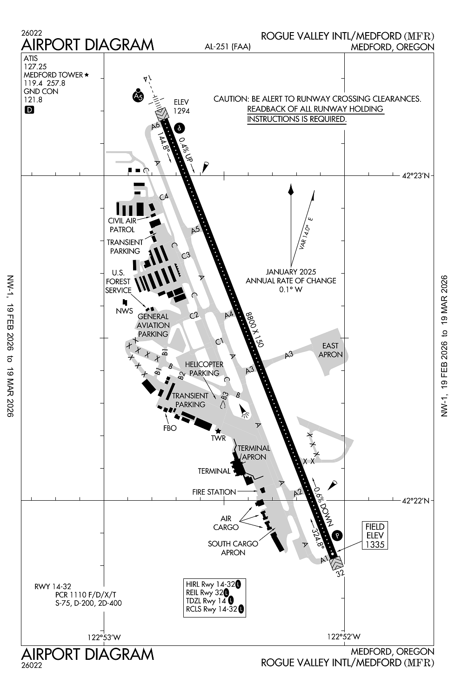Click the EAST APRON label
(x=330, y=350)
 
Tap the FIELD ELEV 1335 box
(x=375, y=535)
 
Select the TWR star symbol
(x=218, y=431)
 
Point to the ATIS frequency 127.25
(x=35, y=67)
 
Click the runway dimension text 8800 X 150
(x=254, y=329)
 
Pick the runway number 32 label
(x=341, y=574)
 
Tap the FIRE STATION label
(x=214, y=492)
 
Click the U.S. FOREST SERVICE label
(x=118, y=282)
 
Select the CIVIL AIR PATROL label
(x=122, y=225)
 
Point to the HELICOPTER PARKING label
(x=204, y=369)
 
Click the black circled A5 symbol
(x=137, y=96)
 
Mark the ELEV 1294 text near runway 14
(x=181, y=107)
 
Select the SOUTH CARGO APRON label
(x=233, y=548)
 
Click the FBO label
(x=170, y=428)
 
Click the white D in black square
(x=29, y=110)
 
